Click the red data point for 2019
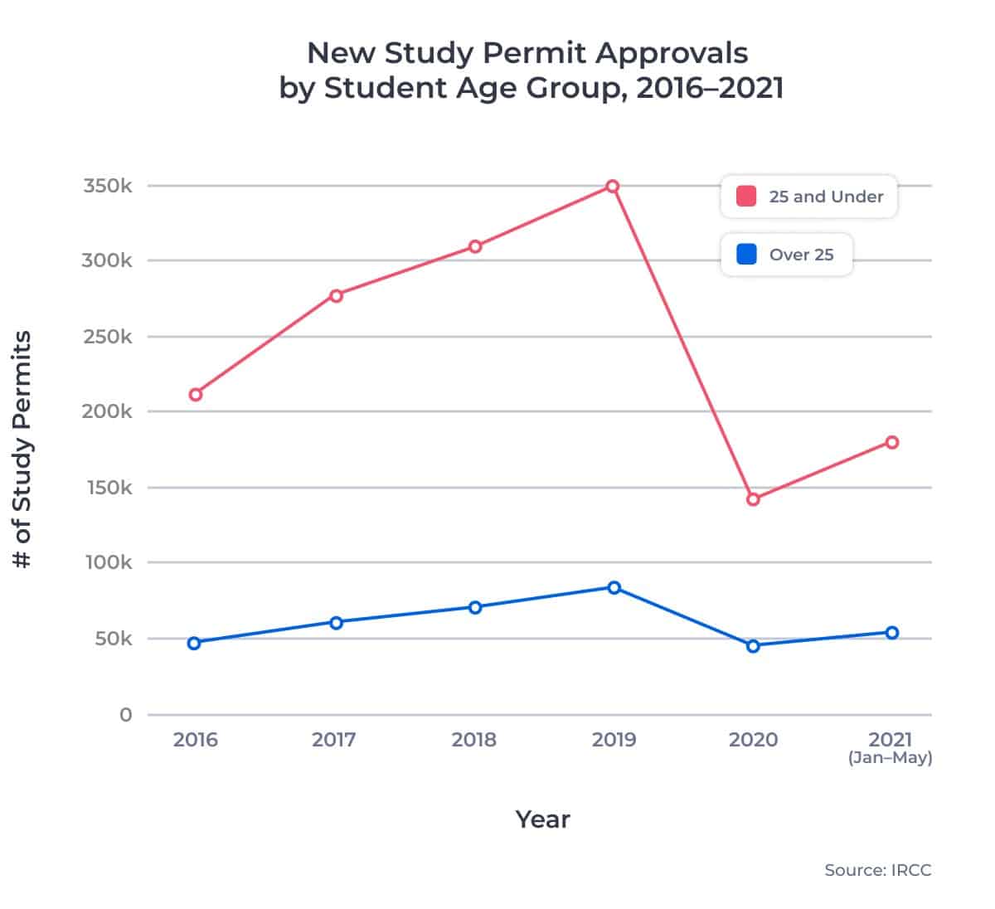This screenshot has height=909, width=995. (613, 187)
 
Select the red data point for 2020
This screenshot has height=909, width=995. (753, 499)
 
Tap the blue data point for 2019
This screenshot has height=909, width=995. (614, 588)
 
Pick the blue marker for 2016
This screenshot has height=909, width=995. (194, 643)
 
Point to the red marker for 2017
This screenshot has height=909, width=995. (336, 296)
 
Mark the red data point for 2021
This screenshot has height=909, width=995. (892, 442)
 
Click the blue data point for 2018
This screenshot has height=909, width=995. (475, 607)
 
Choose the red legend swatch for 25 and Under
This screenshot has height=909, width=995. (746, 197)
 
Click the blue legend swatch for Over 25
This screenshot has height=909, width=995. (746, 255)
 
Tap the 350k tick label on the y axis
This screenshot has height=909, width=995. (107, 186)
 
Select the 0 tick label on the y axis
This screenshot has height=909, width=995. (125, 715)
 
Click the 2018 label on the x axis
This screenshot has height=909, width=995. (473, 739)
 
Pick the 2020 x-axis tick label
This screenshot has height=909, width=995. (753, 739)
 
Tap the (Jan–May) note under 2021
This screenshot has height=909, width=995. (890, 758)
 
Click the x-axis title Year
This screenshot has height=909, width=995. (542, 819)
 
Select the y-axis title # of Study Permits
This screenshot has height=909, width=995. (23, 450)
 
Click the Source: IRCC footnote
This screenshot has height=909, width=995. (877, 870)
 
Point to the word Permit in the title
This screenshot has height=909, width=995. (536, 53)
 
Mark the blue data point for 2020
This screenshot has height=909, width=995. (753, 646)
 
